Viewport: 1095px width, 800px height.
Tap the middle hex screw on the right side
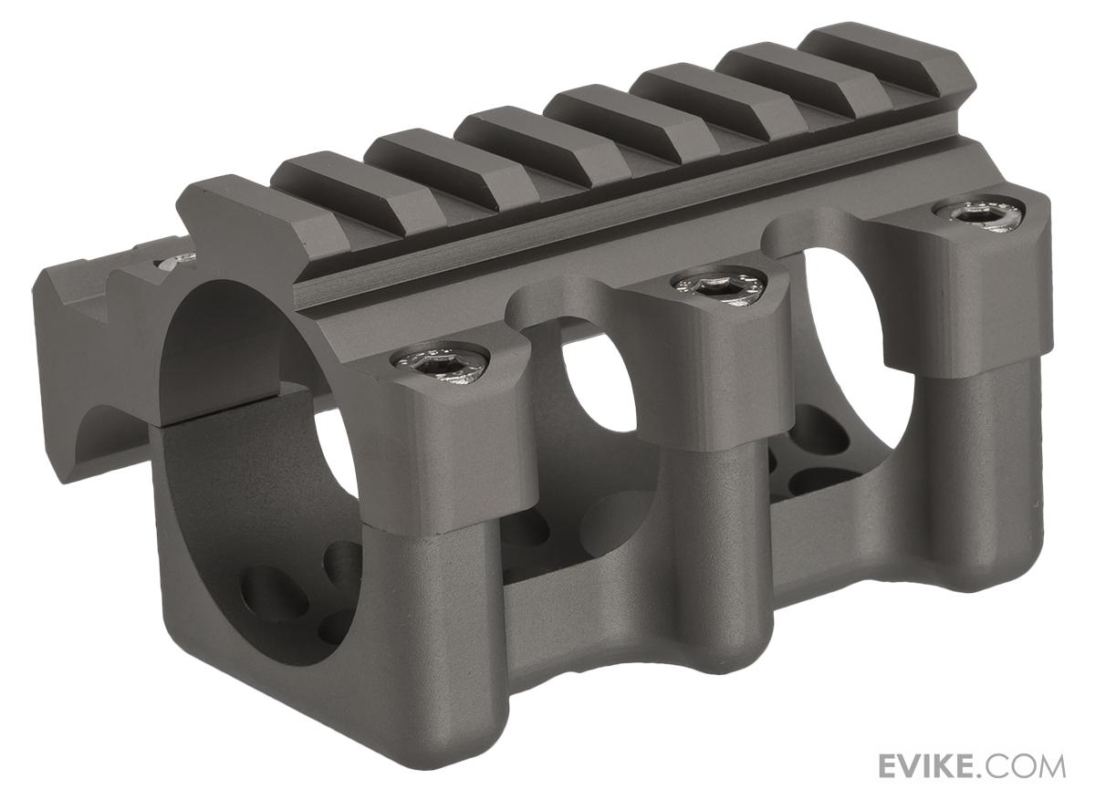tap(718, 284)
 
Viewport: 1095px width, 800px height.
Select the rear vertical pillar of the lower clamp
tap(985, 474)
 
